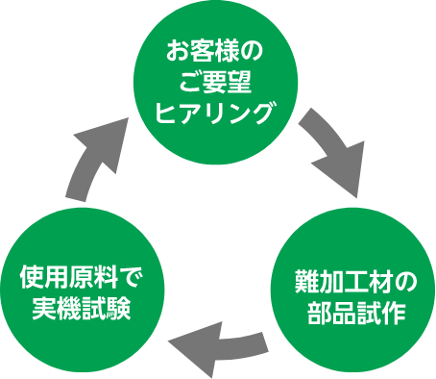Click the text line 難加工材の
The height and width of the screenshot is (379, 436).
(x=355, y=284)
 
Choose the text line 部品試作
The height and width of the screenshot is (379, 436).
(x=355, y=314)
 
